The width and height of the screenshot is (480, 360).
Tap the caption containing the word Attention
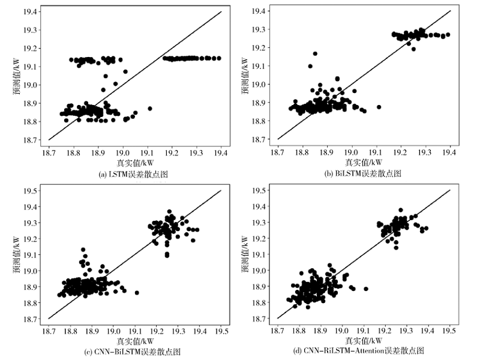point(364,352)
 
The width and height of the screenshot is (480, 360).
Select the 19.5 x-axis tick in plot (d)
point(450,330)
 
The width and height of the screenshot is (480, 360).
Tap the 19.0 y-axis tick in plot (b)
point(260,85)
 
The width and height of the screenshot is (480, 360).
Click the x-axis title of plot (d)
point(364,340)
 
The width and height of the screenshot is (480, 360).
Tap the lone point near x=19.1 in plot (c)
point(137,292)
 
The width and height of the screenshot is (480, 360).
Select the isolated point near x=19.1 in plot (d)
point(365,289)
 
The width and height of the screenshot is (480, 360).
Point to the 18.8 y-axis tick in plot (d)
point(260,302)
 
